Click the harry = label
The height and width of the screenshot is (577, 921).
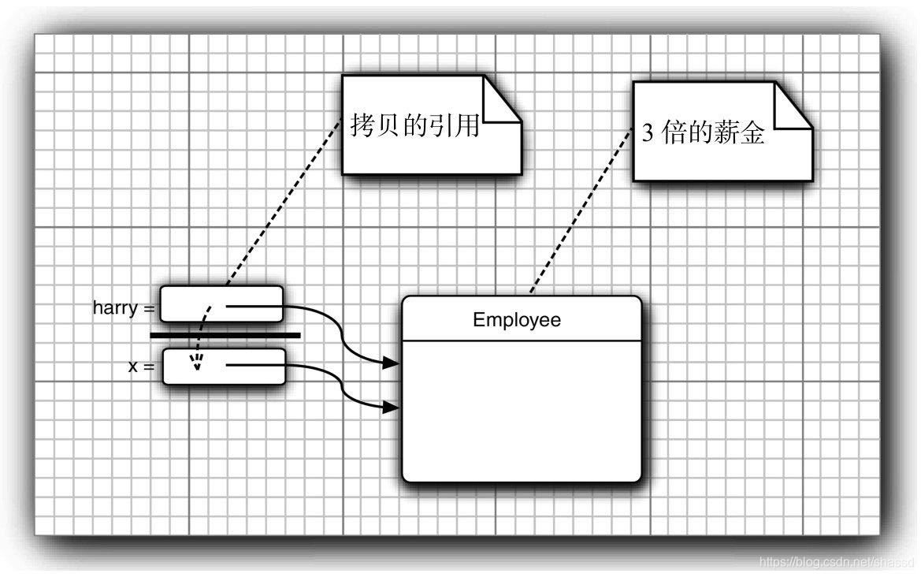[x=124, y=308]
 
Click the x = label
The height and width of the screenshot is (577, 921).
[x=141, y=367]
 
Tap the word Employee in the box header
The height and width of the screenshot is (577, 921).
[x=517, y=320]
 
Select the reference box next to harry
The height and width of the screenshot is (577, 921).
[x=221, y=304]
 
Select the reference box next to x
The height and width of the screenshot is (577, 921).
[x=224, y=367]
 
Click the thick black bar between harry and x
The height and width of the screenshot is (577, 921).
[x=225, y=335]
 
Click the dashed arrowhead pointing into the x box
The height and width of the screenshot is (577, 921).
[x=197, y=363]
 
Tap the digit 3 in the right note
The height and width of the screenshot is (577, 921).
[x=647, y=134]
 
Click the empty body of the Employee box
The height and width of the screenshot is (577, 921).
[x=521, y=410]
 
